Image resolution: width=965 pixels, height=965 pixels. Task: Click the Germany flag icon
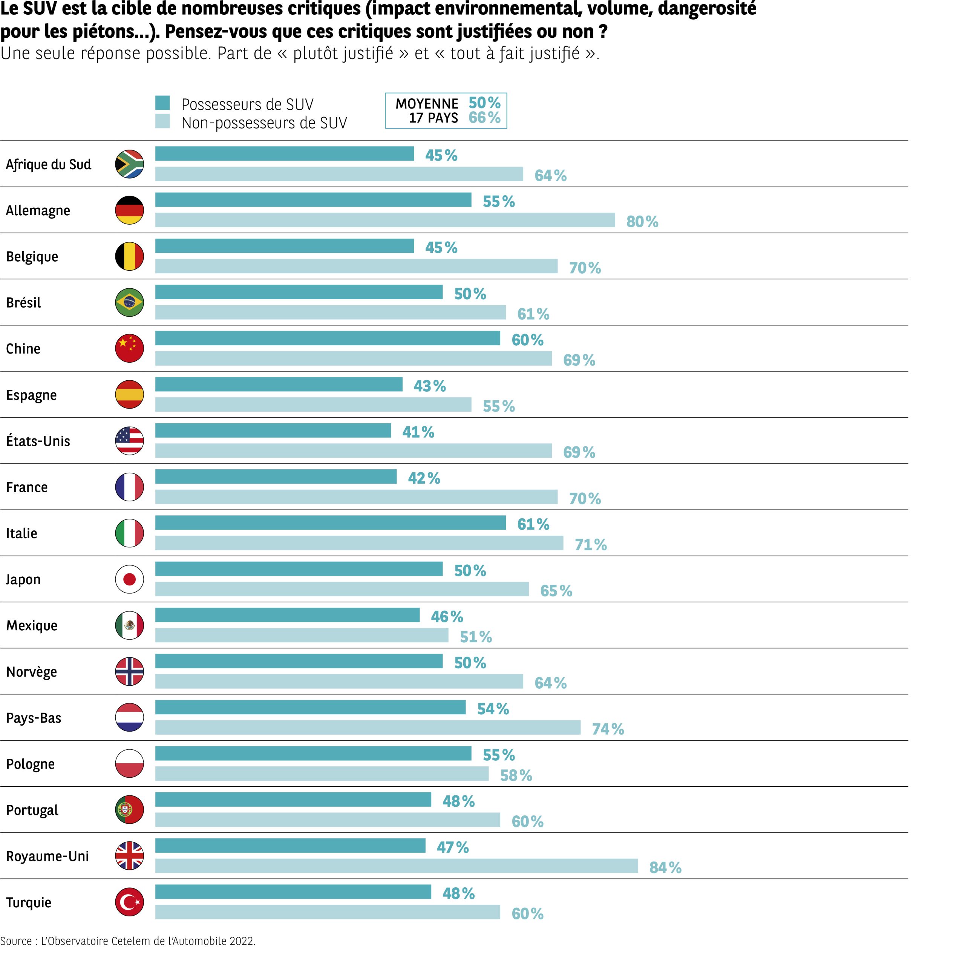point(129,210)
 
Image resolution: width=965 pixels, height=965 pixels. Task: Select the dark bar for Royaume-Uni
point(290,846)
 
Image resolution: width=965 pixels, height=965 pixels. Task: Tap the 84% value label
point(665,868)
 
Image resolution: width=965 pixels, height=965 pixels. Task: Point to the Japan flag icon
point(129,579)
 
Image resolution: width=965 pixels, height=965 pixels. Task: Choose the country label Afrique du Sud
point(49,164)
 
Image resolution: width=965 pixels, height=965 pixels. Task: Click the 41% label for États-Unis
point(418,432)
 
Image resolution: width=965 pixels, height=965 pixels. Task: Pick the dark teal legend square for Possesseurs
point(162,103)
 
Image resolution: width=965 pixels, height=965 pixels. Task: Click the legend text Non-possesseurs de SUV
point(264,123)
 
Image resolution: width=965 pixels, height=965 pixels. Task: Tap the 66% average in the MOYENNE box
point(484,118)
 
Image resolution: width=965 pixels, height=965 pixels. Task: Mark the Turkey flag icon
point(129,902)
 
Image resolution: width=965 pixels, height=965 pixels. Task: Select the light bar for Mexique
point(302,635)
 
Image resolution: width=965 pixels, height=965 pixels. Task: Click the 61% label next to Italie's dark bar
point(533,524)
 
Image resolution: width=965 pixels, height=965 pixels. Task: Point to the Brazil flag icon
point(129,302)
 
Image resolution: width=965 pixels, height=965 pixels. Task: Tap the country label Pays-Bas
point(34,718)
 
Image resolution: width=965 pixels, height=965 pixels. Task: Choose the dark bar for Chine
point(328,338)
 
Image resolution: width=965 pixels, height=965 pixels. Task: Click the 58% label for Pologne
point(516,776)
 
